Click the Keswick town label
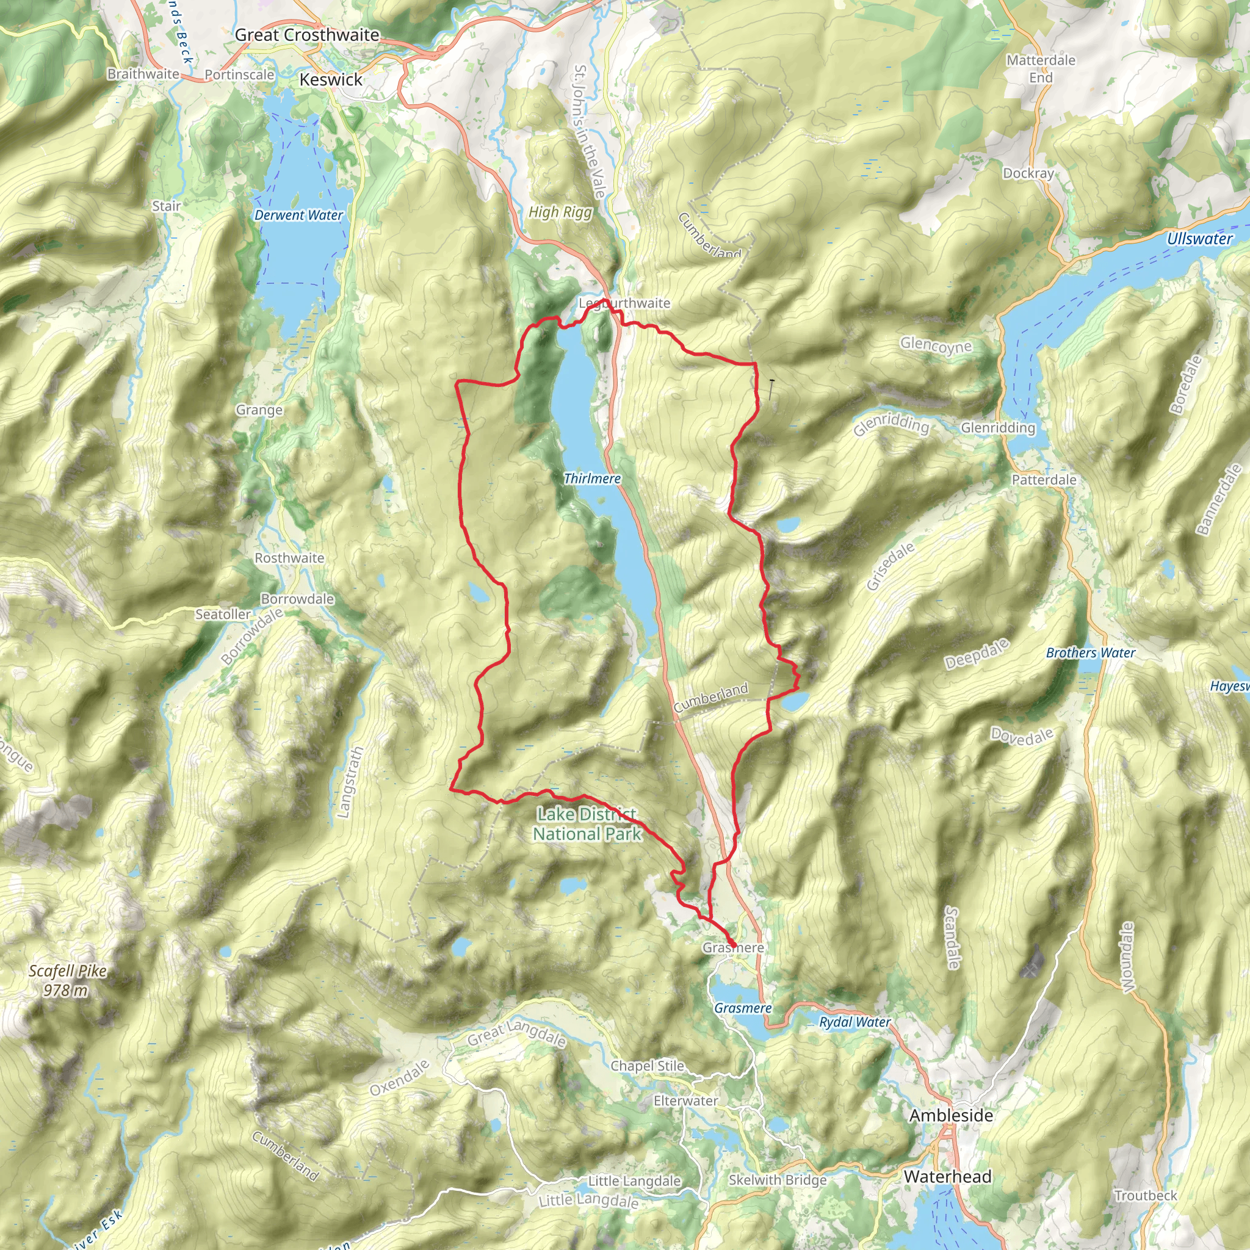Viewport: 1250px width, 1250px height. click(331, 79)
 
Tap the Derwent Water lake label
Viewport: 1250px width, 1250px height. click(298, 215)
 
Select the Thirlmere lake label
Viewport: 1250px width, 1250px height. click(592, 478)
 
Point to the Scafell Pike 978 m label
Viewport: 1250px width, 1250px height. click(67, 980)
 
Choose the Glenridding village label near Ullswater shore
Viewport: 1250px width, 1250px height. click(998, 428)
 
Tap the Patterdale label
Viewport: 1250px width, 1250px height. click(1044, 479)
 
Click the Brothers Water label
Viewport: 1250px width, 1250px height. click(1090, 653)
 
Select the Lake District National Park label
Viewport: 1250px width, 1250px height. click(586, 823)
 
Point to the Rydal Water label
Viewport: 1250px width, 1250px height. click(854, 1022)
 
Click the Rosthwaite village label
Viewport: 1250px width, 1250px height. click(289, 558)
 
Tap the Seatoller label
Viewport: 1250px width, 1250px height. click(223, 614)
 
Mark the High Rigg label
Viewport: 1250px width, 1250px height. click(560, 212)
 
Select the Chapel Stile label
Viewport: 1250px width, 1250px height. click(647, 1066)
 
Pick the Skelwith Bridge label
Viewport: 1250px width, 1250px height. click(777, 1179)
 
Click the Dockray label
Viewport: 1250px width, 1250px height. click(1028, 173)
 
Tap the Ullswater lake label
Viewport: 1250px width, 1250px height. click(1199, 239)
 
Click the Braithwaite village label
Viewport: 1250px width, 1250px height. click(143, 74)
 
